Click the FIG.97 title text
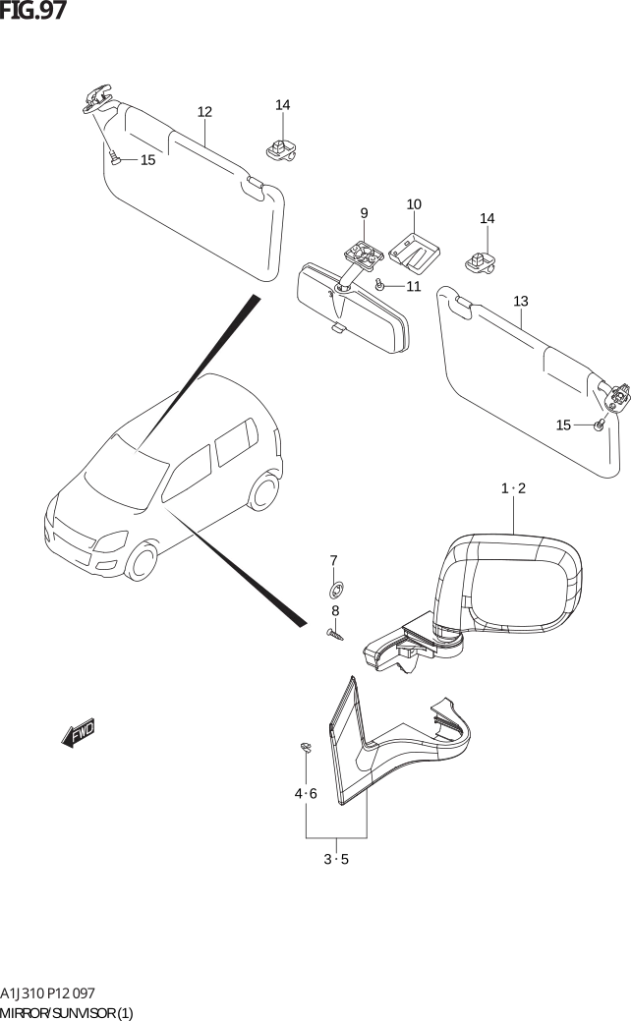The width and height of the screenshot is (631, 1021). click(x=32, y=11)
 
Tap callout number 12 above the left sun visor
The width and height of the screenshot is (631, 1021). click(x=204, y=112)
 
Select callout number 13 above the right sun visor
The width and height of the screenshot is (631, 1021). click(x=520, y=302)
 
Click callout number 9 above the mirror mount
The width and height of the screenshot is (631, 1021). click(x=364, y=213)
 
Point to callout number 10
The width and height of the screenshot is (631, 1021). click(x=414, y=204)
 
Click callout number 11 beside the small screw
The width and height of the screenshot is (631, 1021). click(x=414, y=287)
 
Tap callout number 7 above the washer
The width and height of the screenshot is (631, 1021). click(x=333, y=561)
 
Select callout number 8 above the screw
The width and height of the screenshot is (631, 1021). click(x=335, y=611)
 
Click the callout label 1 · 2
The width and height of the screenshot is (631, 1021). click(x=513, y=488)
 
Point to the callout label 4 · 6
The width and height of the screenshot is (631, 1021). click(x=306, y=794)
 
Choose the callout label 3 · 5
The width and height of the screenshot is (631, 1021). click(x=336, y=860)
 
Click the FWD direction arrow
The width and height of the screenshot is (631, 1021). click(x=79, y=732)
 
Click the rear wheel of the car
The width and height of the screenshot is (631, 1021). click(x=263, y=490)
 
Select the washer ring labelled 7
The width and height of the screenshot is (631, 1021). click(x=337, y=591)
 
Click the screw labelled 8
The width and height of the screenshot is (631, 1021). click(x=335, y=634)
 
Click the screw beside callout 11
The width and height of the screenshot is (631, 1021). click(x=379, y=284)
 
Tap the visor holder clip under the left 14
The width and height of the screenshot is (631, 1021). click(x=281, y=149)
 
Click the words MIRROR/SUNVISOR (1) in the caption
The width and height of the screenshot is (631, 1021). click(x=67, y=1012)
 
